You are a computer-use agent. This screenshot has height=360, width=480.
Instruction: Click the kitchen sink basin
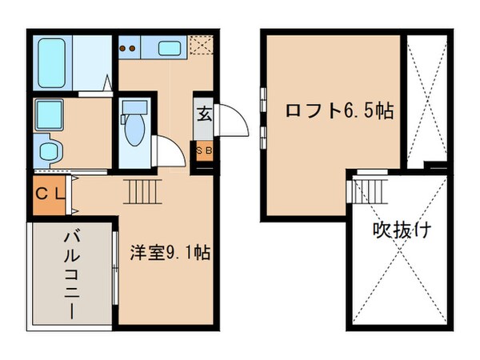click(169, 47)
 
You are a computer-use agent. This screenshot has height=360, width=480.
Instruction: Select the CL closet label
click(50, 194)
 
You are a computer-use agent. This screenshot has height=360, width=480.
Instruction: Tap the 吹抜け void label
click(402, 232)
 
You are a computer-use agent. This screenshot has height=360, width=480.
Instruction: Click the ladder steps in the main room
click(140, 193)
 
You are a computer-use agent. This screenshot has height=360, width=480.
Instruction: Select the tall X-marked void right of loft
click(425, 102)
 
